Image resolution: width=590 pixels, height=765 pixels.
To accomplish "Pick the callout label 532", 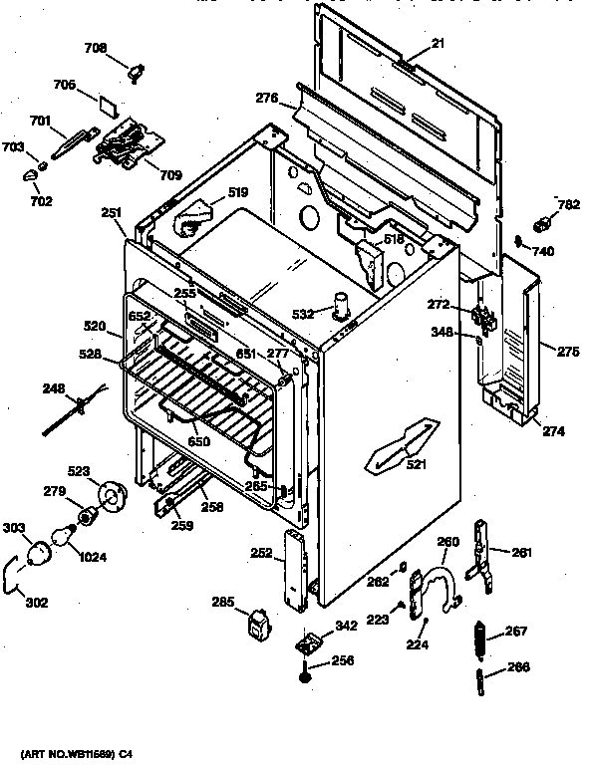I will [302, 314].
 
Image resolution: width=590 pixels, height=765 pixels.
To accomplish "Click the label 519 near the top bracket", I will [237, 192].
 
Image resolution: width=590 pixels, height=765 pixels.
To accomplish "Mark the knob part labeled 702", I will [29, 175].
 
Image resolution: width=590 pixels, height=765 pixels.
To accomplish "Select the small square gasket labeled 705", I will [110, 101].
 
